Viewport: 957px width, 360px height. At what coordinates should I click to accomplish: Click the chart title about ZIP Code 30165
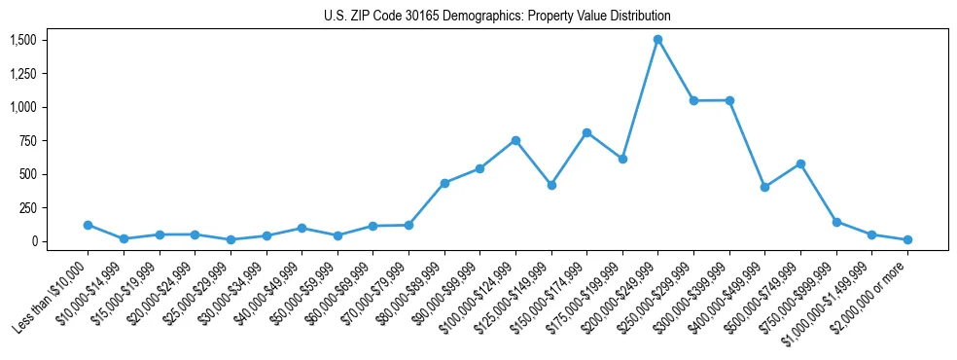point(497,17)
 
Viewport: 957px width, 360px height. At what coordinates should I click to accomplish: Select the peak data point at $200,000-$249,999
point(658,40)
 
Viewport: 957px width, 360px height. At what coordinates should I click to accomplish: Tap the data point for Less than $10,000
point(89,225)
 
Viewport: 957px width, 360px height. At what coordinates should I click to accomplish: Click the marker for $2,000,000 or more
point(907,239)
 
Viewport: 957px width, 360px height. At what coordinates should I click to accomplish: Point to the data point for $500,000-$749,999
point(800,163)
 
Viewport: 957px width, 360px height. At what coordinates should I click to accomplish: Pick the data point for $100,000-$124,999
point(515,140)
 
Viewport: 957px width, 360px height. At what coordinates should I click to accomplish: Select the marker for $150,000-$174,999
point(586,132)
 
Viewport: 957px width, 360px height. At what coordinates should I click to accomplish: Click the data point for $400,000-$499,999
point(764,187)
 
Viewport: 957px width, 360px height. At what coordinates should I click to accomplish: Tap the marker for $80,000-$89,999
point(444,183)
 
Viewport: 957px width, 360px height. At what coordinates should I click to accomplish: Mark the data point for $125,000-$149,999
point(551,185)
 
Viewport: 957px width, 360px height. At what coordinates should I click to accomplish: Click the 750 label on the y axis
point(27,141)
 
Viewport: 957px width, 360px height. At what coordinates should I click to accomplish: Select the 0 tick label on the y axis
point(33,241)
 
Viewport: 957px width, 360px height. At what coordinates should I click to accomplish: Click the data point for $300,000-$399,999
point(729,100)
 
